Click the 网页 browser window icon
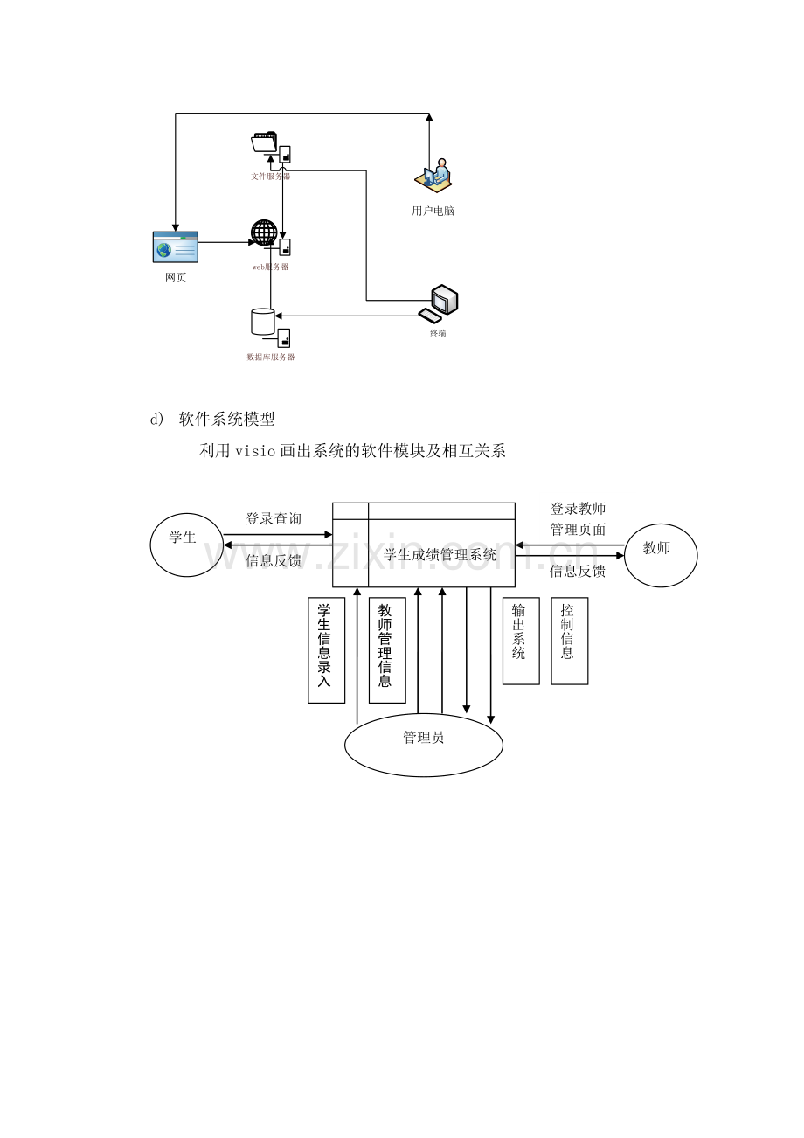tap(176, 247)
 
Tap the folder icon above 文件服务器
tap(263, 142)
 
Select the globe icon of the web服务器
tap(264, 232)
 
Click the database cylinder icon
tap(262, 322)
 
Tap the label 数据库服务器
tap(271, 357)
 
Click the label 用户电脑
tap(433, 211)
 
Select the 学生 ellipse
tap(186, 544)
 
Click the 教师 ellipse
tap(661, 550)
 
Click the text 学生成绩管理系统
tap(440, 554)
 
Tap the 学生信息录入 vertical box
tap(326, 649)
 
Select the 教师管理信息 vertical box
tap(386, 649)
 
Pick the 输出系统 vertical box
tap(520, 640)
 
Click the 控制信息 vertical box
tap(569, 640)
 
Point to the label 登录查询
tap(274, 518)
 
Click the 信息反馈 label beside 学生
tap(274, 560)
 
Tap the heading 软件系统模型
tap(227, 420)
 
